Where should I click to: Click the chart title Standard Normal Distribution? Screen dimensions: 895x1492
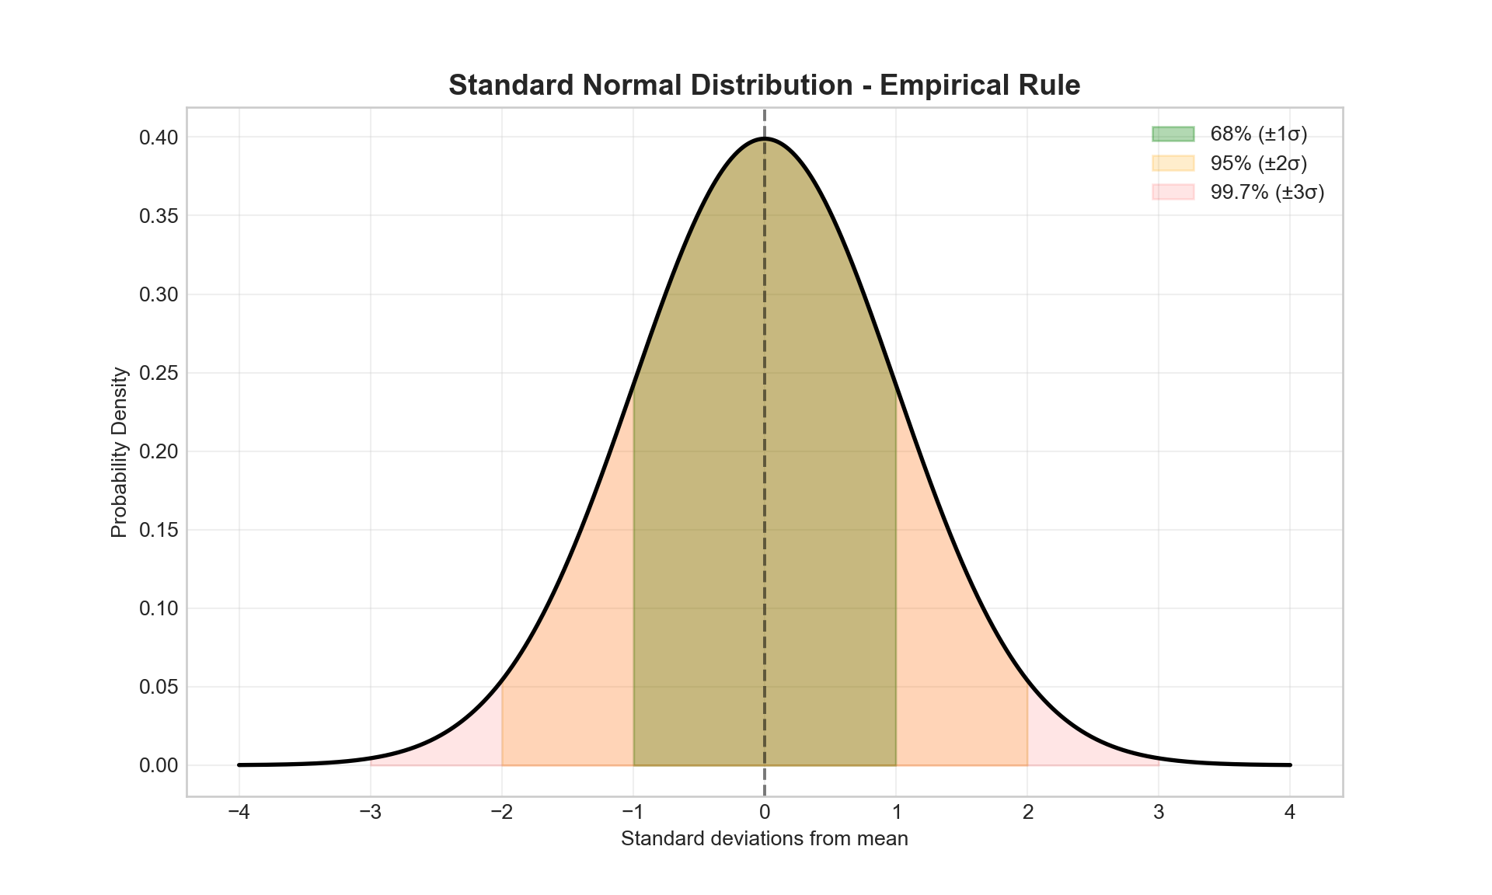tap(764, 85)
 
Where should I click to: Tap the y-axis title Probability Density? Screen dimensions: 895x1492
tap(119, 452)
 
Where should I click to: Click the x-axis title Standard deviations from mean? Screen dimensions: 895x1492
tap(764, 839)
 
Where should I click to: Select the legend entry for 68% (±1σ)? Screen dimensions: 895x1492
tap(1258, 134)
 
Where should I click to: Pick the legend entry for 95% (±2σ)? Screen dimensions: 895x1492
tap(1258, 163)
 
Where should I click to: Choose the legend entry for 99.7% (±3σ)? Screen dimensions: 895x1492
tap(1267, 192)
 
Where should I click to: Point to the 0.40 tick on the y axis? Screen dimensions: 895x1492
tap(159, 138)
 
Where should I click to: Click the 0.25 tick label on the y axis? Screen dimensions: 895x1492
tap(159, 373)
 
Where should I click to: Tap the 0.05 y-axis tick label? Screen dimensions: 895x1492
tap(159, 687)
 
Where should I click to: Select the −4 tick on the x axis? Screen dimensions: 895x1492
tap(239, 813)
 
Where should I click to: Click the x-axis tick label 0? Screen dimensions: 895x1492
tap(765, 813)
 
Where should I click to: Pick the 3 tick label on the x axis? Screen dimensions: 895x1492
tap(1159, 813)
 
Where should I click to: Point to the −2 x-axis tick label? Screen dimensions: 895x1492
tap(501, 813)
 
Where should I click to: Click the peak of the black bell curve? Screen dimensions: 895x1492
tap(765, 138)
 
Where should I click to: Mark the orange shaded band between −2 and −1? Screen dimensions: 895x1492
tap(575, 660)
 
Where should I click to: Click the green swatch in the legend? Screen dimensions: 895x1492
tap(1173, 134)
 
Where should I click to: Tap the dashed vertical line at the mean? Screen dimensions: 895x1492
tap(765, 466)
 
